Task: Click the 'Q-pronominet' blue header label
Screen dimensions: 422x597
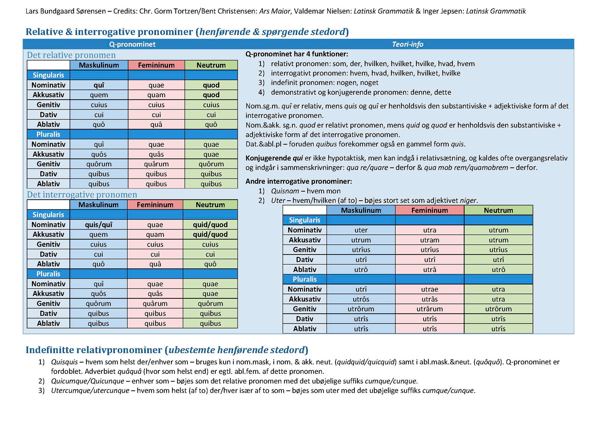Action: [132, 44]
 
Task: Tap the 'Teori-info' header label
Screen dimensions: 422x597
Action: [407, 44]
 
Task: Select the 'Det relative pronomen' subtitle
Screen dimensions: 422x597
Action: [71, 55]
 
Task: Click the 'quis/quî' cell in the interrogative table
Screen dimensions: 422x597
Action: [99, 224]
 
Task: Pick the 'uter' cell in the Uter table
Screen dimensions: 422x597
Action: [361, 230]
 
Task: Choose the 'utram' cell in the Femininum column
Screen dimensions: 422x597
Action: [429, 240]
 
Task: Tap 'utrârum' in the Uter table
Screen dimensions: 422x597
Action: [429, 309]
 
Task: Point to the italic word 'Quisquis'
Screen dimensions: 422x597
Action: [64, 362]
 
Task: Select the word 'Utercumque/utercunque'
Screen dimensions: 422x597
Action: [90, 391]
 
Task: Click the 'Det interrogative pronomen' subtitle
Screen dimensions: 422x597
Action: [82, 195]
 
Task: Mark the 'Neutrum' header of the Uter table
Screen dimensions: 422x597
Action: [498, 210]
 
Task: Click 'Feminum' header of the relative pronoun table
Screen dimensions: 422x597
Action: [156, 65]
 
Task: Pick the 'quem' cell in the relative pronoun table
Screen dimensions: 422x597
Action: [99, 95]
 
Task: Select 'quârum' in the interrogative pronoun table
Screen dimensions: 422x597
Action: [155, 303]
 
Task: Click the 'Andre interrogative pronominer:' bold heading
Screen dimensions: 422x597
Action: [298, 181]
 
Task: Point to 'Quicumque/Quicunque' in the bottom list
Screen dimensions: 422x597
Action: [87, 381]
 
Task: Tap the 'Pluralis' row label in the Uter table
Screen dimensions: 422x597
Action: [304, 279]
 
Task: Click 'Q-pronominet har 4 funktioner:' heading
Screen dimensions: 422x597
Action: [297, 54]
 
